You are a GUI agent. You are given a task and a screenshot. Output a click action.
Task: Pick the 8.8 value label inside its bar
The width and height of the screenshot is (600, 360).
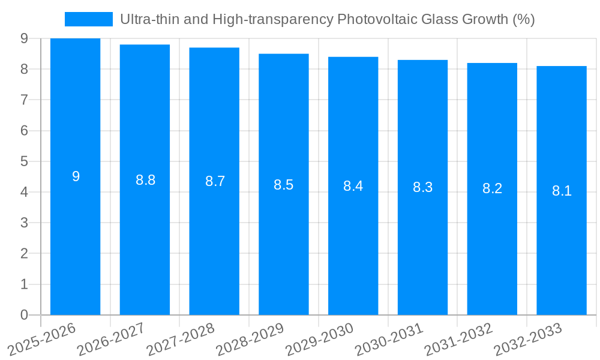(145, 180)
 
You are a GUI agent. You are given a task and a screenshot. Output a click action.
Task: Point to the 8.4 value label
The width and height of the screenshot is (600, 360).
(353, 186)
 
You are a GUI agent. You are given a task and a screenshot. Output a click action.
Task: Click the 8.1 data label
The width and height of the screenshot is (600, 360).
(562, 191)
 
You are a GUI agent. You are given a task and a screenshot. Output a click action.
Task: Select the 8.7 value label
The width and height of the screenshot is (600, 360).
(215, 181)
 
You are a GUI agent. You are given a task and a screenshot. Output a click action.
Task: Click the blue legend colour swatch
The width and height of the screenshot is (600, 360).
(88, 19)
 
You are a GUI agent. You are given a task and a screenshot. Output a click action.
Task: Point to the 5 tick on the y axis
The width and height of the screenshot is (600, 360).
(24, 161)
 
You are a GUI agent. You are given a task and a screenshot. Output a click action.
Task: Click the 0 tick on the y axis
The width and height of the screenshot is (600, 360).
(24, 315)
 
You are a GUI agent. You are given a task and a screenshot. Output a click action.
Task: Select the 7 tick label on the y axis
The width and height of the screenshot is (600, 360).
(24, 100)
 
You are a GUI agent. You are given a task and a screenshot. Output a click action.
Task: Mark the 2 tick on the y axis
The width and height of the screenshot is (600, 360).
(24, 254)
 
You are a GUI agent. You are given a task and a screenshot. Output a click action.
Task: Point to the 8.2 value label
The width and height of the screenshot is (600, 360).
(492, 188)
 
